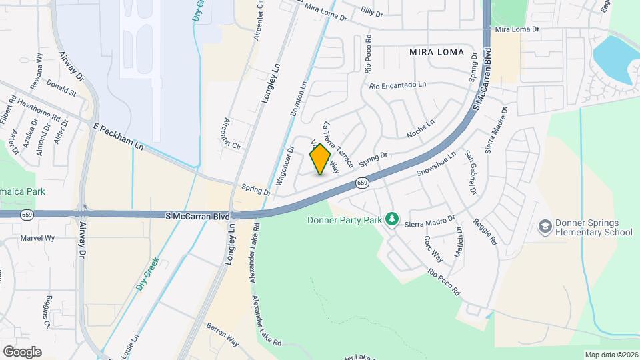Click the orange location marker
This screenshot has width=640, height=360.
tap(321, 159)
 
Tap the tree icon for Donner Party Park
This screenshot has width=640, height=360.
tap(393, 219)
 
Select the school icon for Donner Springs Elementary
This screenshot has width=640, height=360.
tap(545, 227)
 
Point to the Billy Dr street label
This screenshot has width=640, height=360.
tap(371, 13)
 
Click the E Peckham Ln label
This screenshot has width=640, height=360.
tap(119, 135)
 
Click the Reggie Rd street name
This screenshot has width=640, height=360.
tap(485, 233)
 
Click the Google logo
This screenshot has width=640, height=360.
tap(22, 351)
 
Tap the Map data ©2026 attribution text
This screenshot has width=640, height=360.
tap(611, 355)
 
